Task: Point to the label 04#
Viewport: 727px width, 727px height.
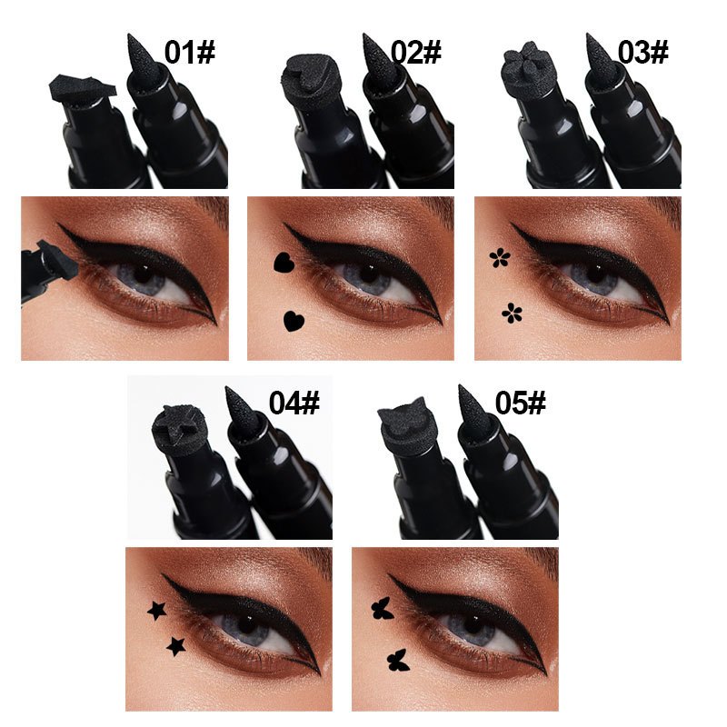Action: pyautogui.click(x=294, y=402)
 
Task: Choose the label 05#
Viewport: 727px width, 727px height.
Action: pyautogui.click(x=521, y=402)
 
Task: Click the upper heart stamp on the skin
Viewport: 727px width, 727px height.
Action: pyautogui.click(x=282, y=264)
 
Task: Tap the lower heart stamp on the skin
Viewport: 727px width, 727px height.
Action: pyautogui.click(x=293, y=320)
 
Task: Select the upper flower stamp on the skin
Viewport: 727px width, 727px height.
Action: pyautogui.click(x=500, y=259)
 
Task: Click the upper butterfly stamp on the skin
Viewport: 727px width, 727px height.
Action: pyautogui.click(x=383, y=609)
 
